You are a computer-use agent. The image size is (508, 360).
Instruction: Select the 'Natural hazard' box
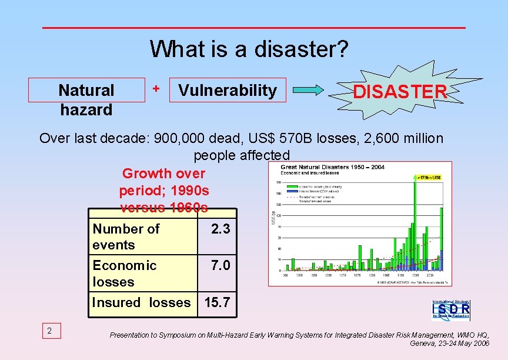pos(86,99)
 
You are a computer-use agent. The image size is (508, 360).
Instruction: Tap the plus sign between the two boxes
pos(156,88)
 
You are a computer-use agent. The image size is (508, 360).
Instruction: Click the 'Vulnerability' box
pos(228,90)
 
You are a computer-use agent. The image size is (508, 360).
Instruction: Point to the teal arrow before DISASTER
pos(308,90)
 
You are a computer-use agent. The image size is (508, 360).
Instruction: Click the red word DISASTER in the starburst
pos(400,92)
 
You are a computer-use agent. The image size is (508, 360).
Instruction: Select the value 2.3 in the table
pos(220,229)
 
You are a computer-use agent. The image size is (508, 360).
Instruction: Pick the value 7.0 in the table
pos(220,265)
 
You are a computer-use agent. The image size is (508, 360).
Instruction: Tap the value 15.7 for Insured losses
pos(217,303)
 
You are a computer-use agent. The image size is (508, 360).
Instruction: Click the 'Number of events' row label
pos(126,236)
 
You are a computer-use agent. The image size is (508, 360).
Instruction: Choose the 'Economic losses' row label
pos(124,274)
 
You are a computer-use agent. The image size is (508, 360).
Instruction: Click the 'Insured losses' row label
pos(141,303)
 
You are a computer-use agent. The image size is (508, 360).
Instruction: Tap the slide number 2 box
pos(49,331)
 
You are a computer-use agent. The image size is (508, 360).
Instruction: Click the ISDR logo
pos(451,309)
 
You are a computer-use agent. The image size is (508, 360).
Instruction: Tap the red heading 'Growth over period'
pos(163,174)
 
